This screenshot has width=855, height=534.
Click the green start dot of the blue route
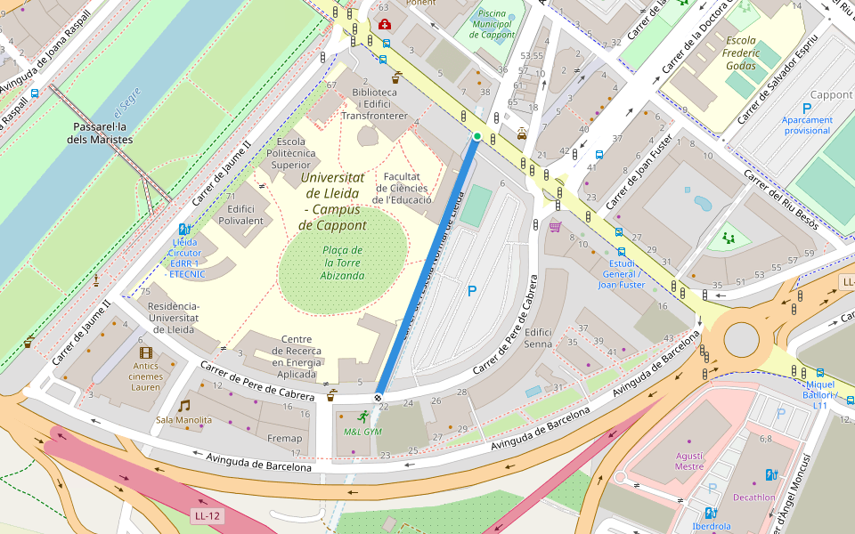coord(477,136)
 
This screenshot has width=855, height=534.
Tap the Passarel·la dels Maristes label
coord(102,133)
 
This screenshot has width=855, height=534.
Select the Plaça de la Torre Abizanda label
coord(343,263)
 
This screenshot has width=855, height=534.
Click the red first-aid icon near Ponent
coord(384,24)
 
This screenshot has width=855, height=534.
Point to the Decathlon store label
coord(753,498)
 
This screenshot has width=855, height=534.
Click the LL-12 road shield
coord(207,515)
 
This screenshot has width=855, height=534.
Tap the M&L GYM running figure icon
coord(362,417)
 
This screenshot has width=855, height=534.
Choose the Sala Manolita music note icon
coord(184,406)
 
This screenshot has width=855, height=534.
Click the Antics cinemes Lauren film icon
coord(146,353)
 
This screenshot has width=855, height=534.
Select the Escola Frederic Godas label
coord(729,53)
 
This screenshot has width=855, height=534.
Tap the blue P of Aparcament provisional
coord(807,108)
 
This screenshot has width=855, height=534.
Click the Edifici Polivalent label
coord(240,214)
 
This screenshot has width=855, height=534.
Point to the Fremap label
coord(284,438)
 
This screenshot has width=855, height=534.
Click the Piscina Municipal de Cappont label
coord(492,24)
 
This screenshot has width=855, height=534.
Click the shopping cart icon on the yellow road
coord(556,227)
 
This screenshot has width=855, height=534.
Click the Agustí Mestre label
coord(688,460)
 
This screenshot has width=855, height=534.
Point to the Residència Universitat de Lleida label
coord(174,318)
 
